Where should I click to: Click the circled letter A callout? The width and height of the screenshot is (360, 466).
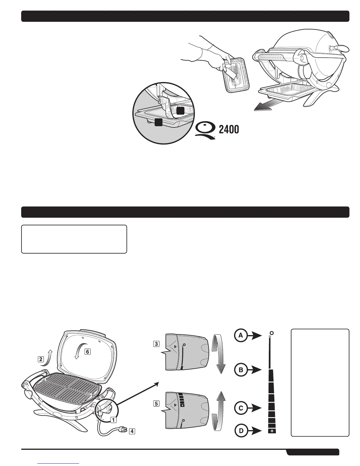click(x=241, y=335)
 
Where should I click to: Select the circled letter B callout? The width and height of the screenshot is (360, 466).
click(x=241, y=370)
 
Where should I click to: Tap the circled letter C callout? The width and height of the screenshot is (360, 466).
click(x=241, y=408)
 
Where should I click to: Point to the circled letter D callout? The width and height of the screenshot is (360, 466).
click(x=241, y=431)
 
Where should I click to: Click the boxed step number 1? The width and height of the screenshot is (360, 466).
click(x=113, y=420)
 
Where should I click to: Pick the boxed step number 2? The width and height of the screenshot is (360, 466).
click(x=41, y=359)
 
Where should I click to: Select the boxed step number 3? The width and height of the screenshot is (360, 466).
click(x=156, y=344)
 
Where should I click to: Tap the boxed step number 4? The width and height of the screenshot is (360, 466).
click(x=132, y=431)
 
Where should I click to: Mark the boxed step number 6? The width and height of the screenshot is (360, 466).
click(x=88, y=351)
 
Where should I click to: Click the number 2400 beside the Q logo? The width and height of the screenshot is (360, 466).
click(x=229, y=129)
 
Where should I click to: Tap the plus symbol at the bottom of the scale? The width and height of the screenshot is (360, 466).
click(x=272, y=431)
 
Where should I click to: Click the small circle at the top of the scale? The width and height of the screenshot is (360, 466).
click(x=271, y=333)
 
